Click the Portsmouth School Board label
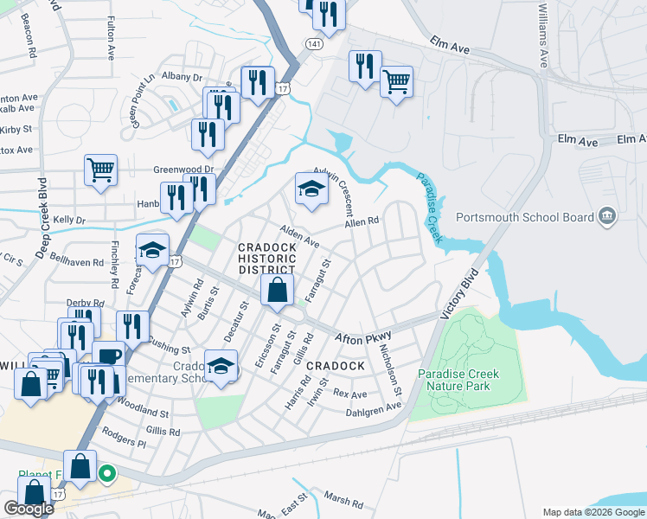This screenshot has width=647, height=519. click(524, 217)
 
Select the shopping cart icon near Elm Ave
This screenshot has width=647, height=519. click(396, 82)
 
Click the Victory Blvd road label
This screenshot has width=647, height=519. click(459, 295)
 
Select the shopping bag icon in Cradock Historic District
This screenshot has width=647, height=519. click(277, 292)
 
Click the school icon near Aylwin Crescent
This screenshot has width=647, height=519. click(311, 189)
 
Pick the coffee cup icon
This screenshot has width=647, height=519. click(108, 356)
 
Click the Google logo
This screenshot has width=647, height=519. click(29, 509)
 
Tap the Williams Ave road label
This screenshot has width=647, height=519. click(543, 35)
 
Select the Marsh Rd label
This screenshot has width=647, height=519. click(344, 500)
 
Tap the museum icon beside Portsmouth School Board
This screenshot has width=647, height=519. click(606, 217)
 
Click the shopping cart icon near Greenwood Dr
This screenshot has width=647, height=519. click(101, 170)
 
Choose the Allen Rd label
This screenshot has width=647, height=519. click(362, 222)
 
